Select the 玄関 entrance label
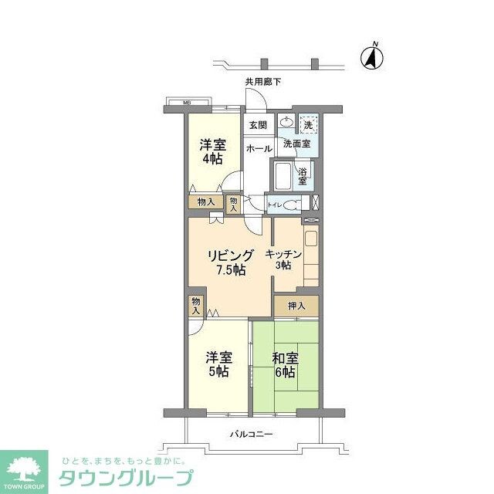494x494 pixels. (x=258, y=125)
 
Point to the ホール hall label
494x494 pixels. (x=258, y=148)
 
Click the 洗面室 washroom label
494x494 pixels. (x=296, y=144)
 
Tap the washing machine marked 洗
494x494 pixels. (x=308, y=125)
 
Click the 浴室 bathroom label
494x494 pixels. (x=303, y=176)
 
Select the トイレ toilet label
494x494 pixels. (x=275, y=205)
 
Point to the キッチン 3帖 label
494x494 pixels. (x=283, y=259)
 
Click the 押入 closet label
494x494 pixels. (x=296, y=306)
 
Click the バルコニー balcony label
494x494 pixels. (x=251, y=435)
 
